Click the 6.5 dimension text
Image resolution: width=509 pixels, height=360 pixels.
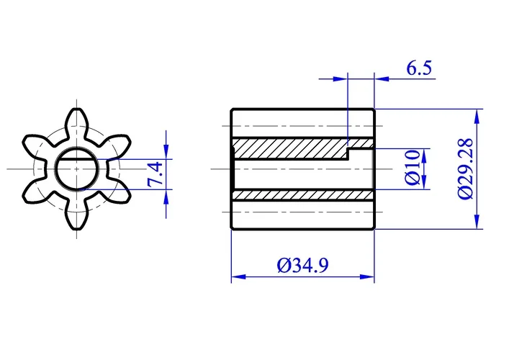418,69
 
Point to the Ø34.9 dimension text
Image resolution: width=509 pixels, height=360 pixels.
302,266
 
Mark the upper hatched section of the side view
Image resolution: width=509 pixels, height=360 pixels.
288,148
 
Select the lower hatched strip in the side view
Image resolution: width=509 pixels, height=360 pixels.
302,195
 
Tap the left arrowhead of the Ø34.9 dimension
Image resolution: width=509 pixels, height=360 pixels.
235,276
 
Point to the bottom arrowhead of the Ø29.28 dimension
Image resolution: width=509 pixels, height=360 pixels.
477,223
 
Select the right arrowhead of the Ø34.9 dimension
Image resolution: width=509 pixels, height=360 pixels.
369,276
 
